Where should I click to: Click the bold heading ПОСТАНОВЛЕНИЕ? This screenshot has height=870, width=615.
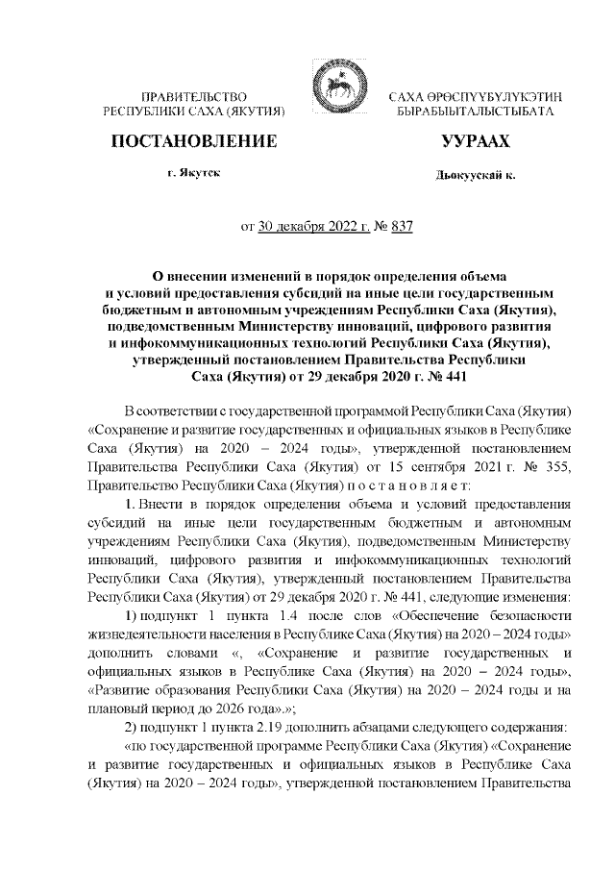pyautogui.click(x=195, y=141)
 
